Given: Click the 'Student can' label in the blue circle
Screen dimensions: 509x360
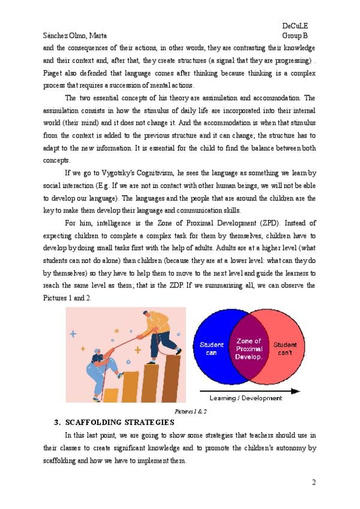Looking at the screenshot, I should coord(211,348).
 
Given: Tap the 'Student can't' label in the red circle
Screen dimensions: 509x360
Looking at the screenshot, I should coord(285,348).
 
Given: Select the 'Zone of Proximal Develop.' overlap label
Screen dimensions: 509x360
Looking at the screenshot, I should coord(249,349).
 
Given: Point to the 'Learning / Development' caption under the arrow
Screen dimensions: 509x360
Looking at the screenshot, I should coord(245,398).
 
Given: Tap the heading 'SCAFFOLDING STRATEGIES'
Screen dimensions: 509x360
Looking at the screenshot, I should coord(119,423).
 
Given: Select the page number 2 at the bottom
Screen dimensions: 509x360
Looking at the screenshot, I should coord(313,482).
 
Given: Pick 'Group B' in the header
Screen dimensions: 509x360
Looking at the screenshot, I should coord(295,35).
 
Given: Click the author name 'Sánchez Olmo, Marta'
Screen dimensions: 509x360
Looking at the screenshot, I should coord(74,35).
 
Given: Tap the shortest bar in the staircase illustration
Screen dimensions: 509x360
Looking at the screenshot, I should coord(111,394).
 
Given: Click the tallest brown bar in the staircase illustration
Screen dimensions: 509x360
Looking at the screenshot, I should coord(171,378).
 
